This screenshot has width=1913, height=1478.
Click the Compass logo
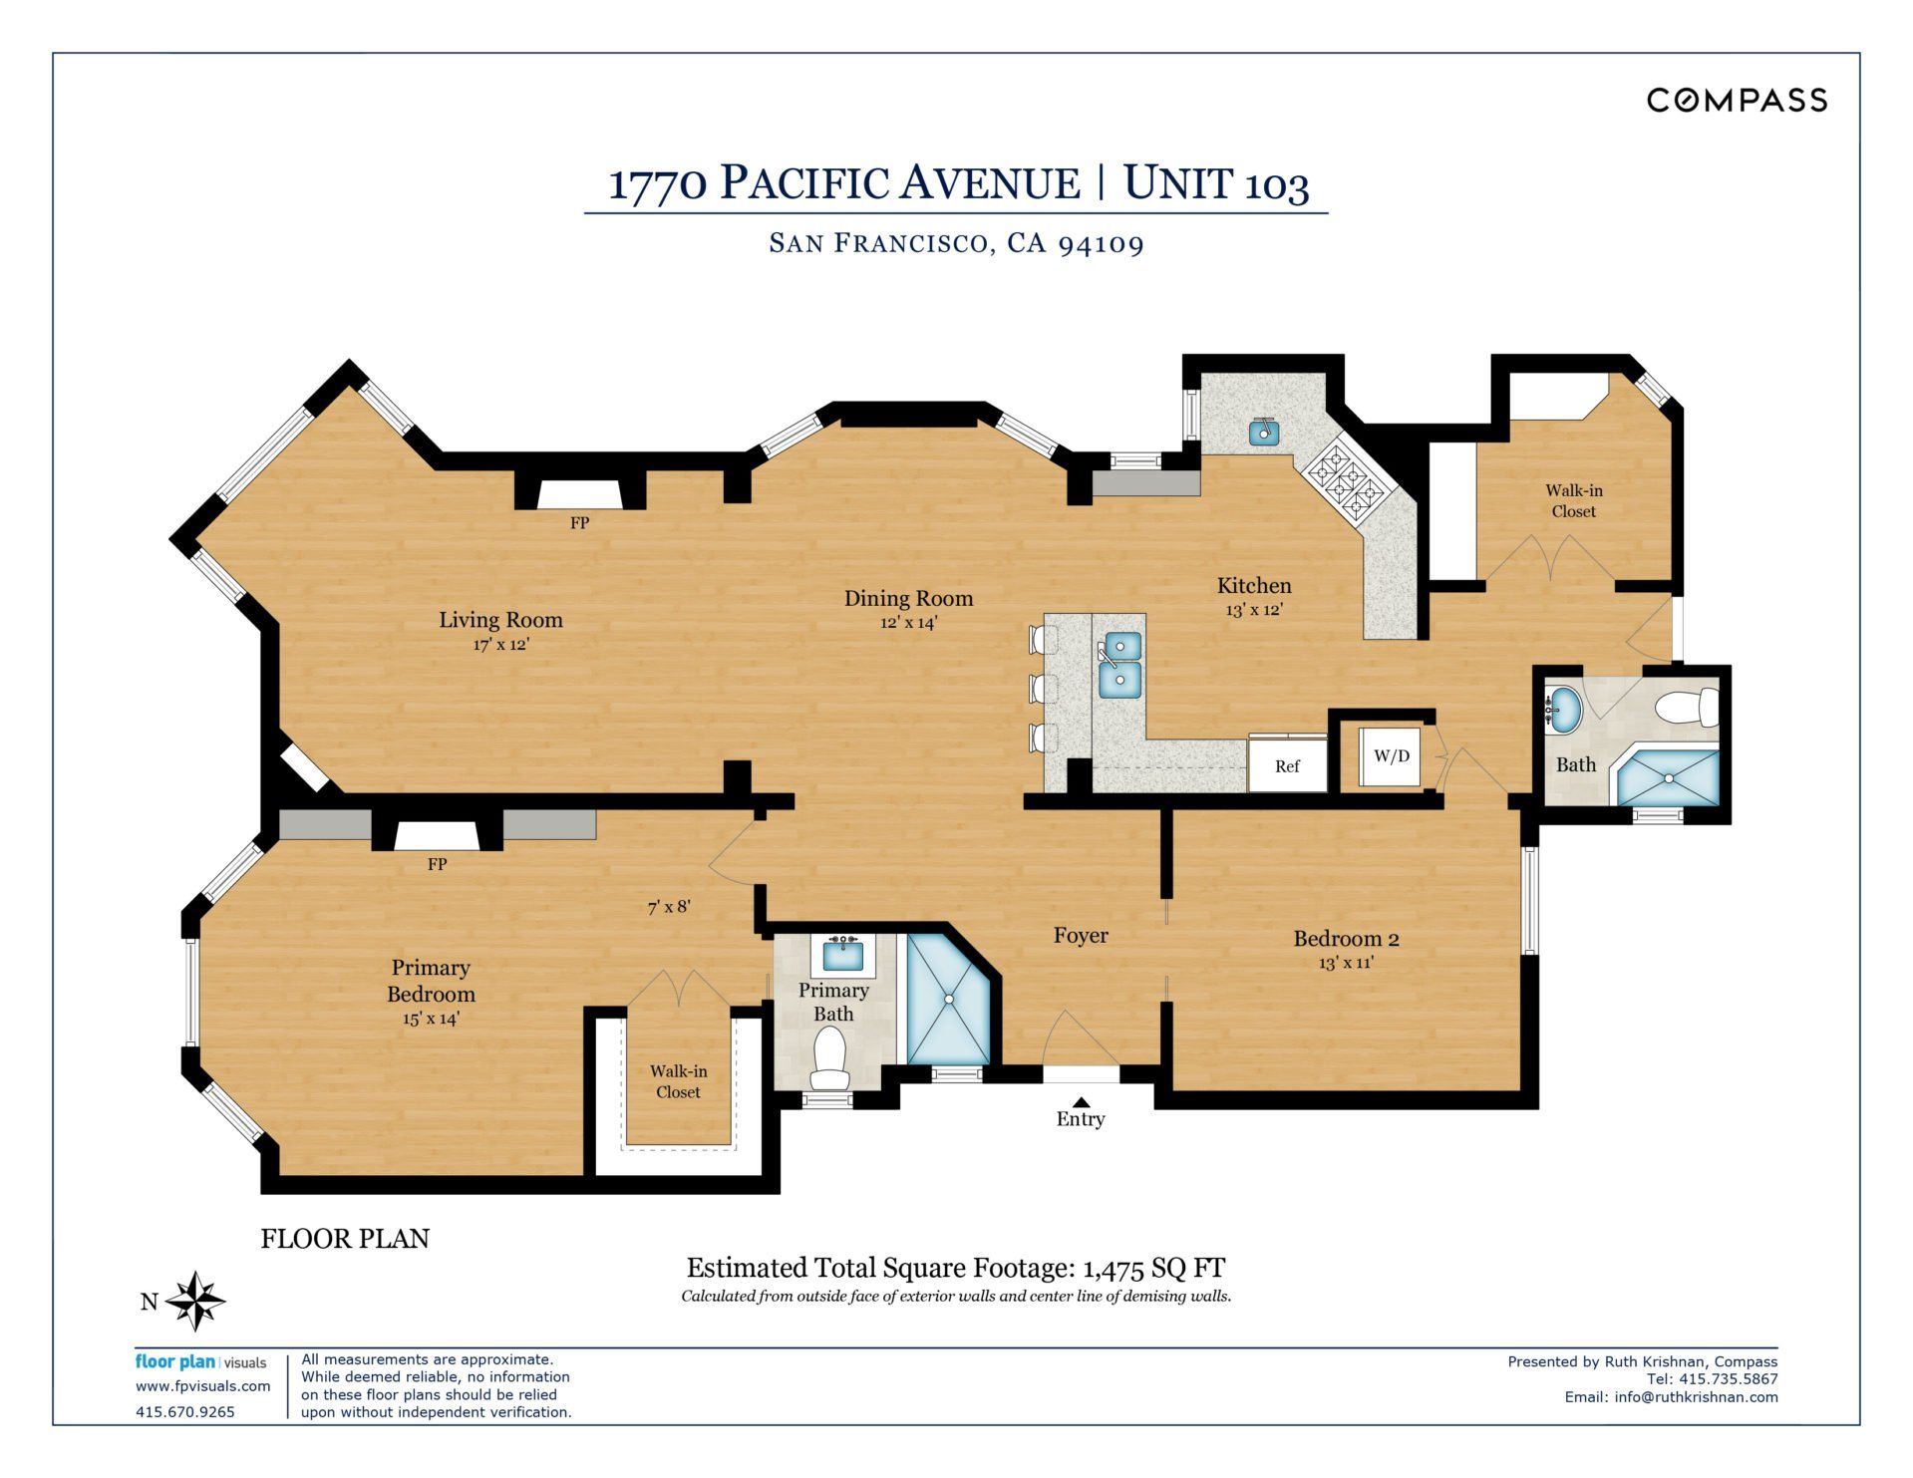click(x=1737, y=100)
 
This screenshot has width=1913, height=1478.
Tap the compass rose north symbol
click(x=195, y=1301)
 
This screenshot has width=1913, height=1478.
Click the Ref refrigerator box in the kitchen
click(x=1287, y=764)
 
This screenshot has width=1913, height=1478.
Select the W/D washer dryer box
click(x=1392, y=755)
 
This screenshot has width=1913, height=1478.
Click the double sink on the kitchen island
click(x=1120, y=665)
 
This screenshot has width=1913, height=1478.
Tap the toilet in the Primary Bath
click(x=828, y=1058)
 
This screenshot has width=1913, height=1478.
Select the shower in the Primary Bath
click(x=948, y=998)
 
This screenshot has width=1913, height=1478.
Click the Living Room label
click(x=500, y=620)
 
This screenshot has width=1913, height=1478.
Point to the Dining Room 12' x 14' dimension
click(x=908, y=623)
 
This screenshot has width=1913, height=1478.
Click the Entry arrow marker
click(x=1081, y=1101)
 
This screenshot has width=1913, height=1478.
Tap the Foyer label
click(x=1081, y=935)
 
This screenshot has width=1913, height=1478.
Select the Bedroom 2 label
click(x=1346, y=938)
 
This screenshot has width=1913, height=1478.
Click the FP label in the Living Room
click(x=579, y=522)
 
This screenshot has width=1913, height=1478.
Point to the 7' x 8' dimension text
click(x=669, y=907)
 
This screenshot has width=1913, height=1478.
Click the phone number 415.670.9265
click(x=185, y=1412)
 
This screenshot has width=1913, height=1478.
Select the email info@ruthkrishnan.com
click(x=1696, y=1397)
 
